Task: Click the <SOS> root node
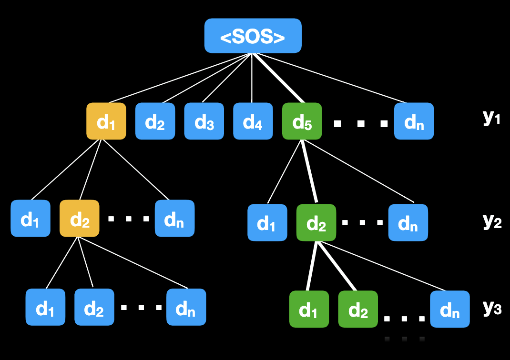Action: [253, 36]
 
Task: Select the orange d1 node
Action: [106, 121]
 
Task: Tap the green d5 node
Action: [302, 121]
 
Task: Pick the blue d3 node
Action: [204, 121]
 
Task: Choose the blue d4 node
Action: [253, 121]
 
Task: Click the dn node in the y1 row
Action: [414, 121]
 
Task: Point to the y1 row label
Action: [491, 117]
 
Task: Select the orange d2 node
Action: [79, 219]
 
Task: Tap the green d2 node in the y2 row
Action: [316, 222]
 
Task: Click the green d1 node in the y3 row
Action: [309, 310]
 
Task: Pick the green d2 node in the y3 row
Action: [358, 310]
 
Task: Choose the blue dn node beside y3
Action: [449, 310]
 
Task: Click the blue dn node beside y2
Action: [408, 222]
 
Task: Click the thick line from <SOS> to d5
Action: [278, 79]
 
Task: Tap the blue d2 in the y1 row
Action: [155, 121]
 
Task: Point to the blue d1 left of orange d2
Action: [30, 219]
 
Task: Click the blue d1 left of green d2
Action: [267, 222]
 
